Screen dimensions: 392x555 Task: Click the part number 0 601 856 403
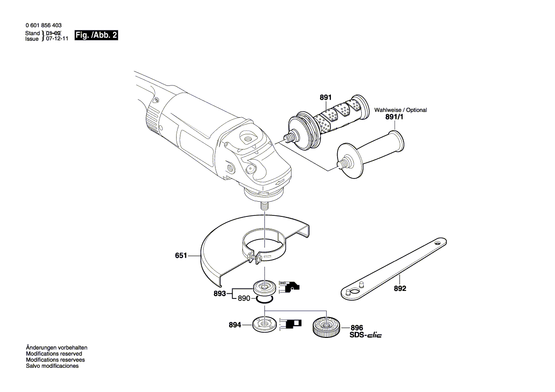[43, 25]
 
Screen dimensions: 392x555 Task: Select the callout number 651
[181, 255]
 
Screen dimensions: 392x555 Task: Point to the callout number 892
[400, 288]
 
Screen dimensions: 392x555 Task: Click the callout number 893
[219, 294]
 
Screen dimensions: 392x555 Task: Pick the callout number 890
[244, 299]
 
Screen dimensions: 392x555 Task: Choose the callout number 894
[235, 325]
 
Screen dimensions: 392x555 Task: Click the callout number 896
[357, 327]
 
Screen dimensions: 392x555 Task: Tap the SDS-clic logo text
[365, 335]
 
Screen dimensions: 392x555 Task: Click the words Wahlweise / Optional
[400, 110]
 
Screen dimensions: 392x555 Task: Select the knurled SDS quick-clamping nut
[325, 327]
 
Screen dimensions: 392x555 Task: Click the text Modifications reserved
[54, 354]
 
